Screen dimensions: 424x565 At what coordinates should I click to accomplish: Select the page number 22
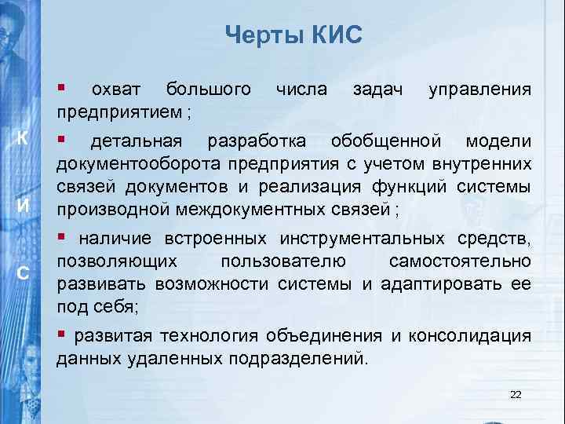pyautogui.click(x=515, y=394)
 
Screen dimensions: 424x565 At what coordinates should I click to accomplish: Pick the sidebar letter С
pyautogui.click(x=24, y=274)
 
